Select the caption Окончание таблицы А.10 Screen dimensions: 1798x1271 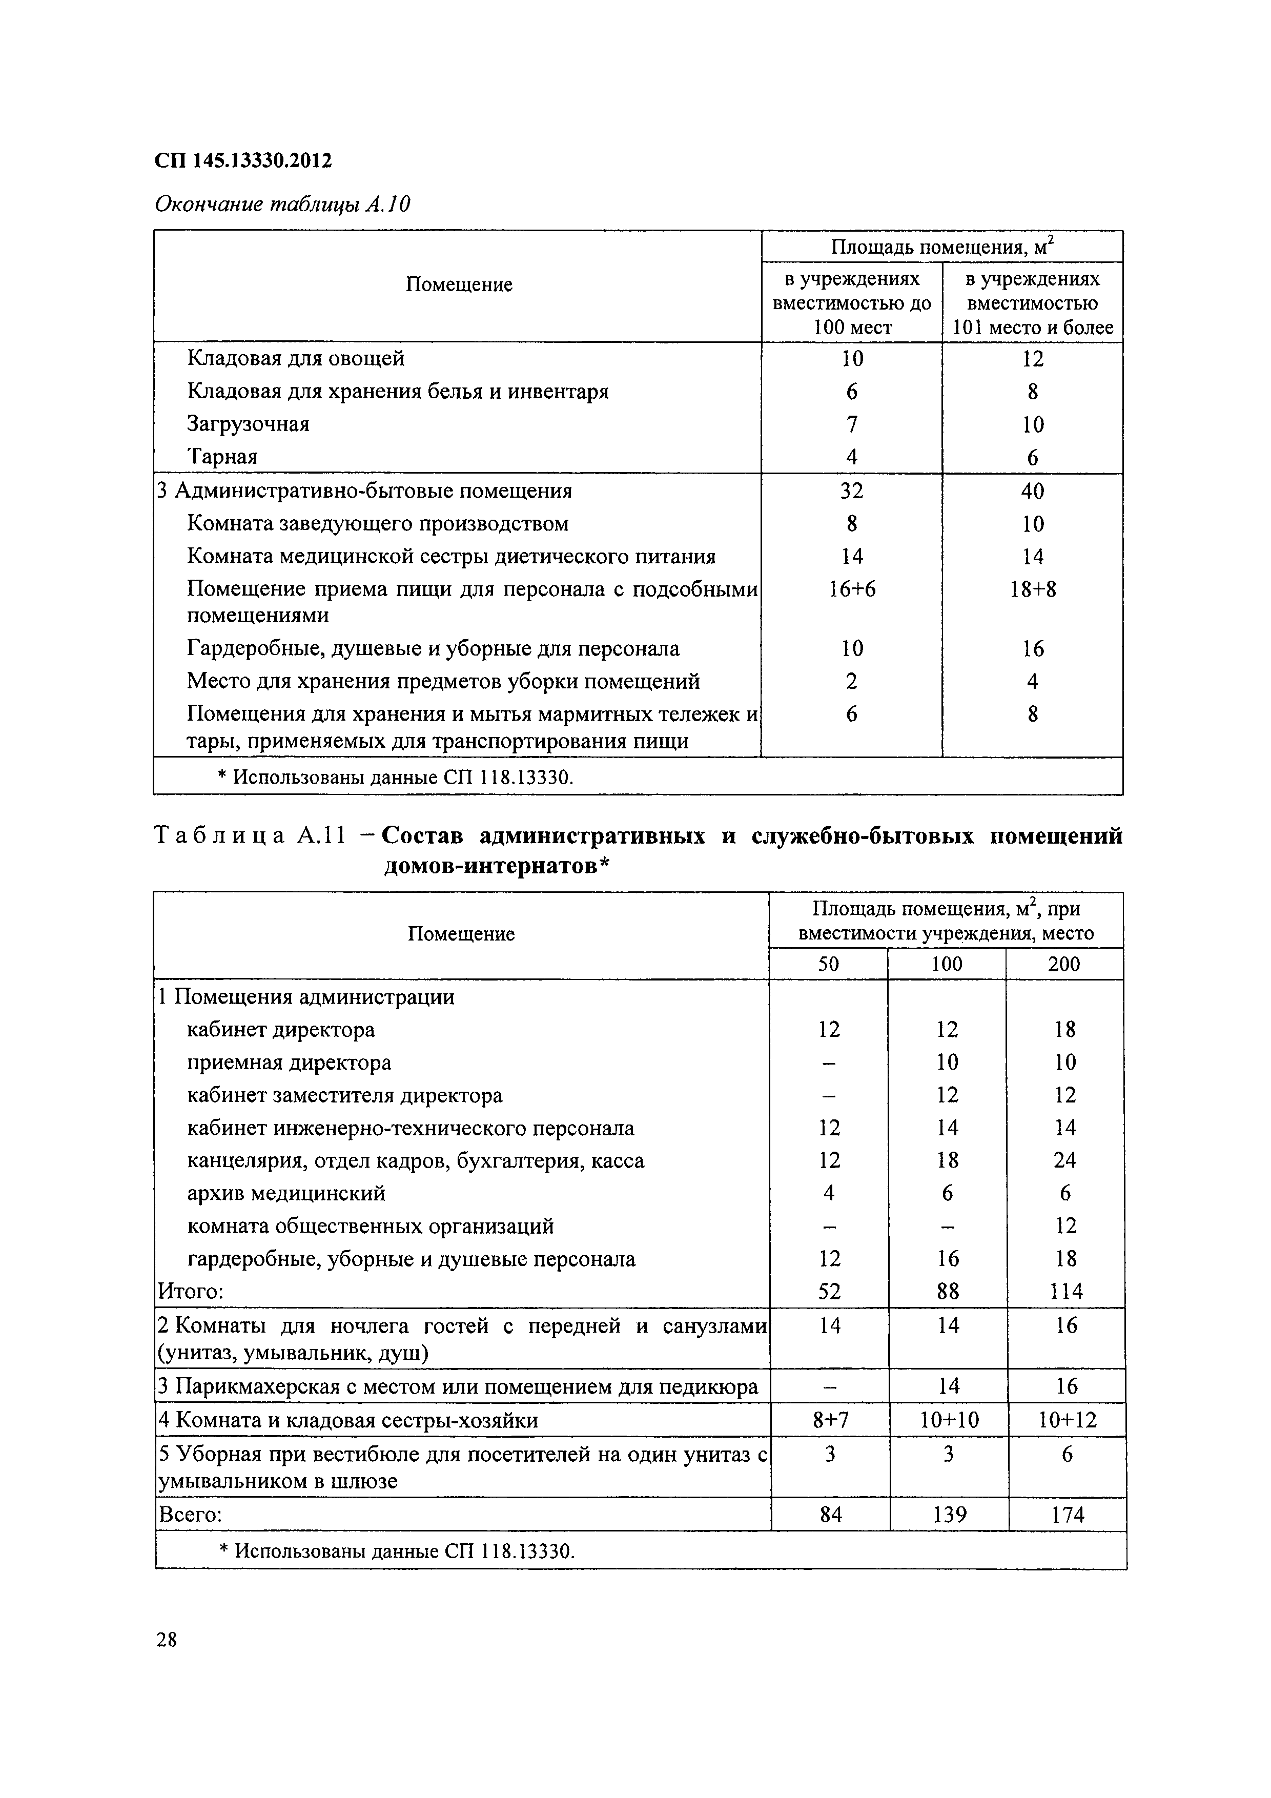(x=282, y=205)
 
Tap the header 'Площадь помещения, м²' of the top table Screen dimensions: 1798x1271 (x=941, y=248)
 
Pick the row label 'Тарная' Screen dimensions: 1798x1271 (x=222, y=457)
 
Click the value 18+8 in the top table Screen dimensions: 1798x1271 (x=1032, y=589)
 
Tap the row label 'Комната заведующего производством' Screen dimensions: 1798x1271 (x=378, y=523)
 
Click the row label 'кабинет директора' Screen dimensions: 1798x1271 (x=280, y=1030)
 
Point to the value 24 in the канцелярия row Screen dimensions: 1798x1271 (x=1064, y=1160)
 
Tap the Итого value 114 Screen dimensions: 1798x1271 (x=1064, y=1291)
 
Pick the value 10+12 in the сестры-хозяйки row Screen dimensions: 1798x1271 (x=1067, y=1420)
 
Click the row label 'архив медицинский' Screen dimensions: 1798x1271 (x=286, y=1193)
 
